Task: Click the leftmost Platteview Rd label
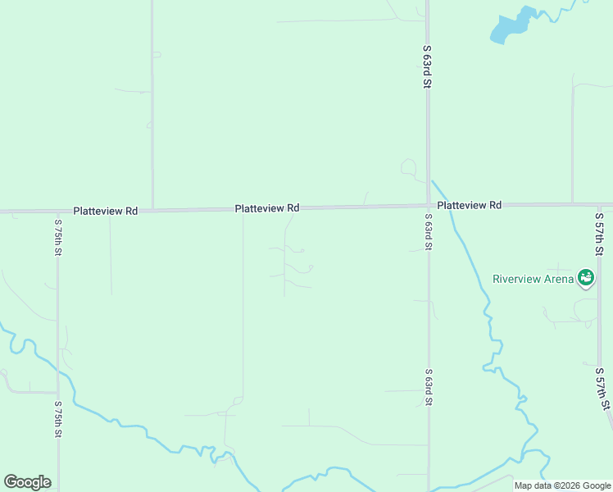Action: point(105,211)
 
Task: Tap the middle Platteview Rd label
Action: point(267,208)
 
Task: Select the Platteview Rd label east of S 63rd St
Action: point(469,205)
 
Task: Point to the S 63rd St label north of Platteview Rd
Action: point(427,66)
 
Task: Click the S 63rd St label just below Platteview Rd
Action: point(428,232)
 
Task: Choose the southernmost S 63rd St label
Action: point(428,387)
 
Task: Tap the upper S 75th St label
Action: point(58,238)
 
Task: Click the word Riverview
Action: point(516,278)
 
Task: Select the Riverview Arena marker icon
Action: point(586,278)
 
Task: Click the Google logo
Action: point(27,482)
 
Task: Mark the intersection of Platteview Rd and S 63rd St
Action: point(428,205)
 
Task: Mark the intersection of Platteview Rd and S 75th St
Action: point(57,212)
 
